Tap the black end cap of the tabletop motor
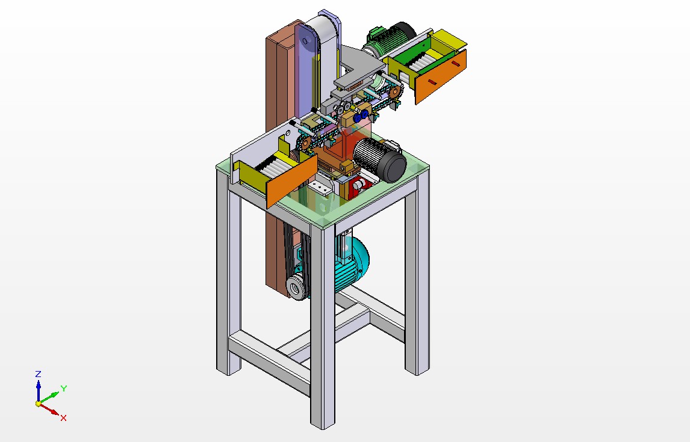(x=391, y=167)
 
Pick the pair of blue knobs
(x=360, y=116)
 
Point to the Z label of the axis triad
(x=39, y=374)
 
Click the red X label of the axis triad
(x=63, y=418)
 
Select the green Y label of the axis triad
(x=64, y=388)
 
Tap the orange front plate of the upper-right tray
(x=440, y=76)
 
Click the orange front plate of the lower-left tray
(x=292, y=181)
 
